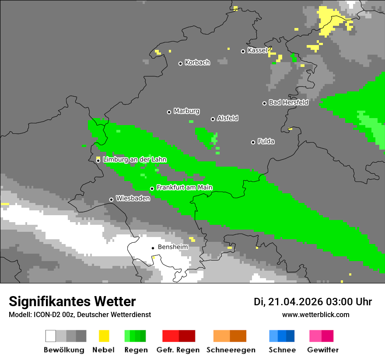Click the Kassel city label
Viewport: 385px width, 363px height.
pos(257,50)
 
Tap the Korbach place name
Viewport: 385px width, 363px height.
pos(197,63)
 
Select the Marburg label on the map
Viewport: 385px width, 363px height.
pos(186,111)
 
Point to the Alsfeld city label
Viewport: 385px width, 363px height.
pos(227,118)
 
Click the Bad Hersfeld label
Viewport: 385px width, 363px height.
pos(288,102)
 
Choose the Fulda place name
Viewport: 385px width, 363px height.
pos(266,141)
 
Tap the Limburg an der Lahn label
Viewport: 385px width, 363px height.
pos(134,160)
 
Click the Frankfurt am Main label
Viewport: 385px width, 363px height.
pos(184,188)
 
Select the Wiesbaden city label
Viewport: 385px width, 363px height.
pos(133,199)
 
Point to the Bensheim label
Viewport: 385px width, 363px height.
pos(173,247)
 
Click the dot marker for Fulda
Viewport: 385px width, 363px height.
pos(253,142)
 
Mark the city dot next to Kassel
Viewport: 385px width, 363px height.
pos(243,51)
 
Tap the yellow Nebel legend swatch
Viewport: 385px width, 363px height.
pos(104,336)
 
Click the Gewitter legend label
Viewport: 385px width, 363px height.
pos(322,350)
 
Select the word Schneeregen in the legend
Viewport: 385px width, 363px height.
pos(231,350)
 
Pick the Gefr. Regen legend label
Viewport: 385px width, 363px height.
pos(178,350)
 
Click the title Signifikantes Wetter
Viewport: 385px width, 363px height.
pos(72,301)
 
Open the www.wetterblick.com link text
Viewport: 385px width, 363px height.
pos(315,314)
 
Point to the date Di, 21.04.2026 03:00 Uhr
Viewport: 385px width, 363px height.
pos(313,302)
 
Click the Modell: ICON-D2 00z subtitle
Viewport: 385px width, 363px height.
pos(80,314)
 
